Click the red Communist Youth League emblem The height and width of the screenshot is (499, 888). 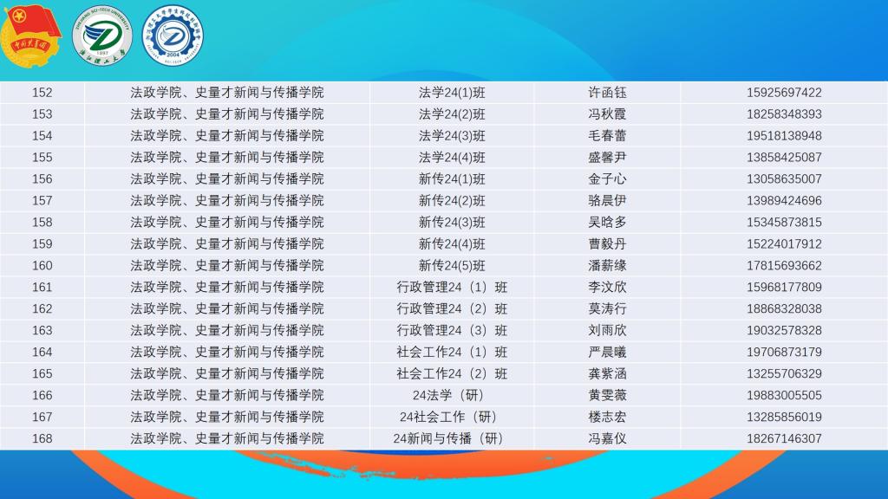30,35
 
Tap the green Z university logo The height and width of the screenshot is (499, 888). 102,36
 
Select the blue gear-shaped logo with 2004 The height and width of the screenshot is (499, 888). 173,36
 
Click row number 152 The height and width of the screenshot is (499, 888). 42,92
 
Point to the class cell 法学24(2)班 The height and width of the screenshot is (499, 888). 452,114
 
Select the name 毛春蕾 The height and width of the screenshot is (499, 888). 607,136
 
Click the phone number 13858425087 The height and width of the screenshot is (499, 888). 784,158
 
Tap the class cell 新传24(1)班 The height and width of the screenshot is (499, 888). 452,178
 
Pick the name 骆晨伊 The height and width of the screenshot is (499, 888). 607,201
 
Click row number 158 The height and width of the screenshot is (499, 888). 42,223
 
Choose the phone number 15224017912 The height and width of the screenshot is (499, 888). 784,243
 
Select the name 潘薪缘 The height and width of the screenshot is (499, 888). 607,265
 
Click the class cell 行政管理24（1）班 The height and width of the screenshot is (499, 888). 452,288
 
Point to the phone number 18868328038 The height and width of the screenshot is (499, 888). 784,309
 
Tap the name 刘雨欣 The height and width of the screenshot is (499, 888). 607,330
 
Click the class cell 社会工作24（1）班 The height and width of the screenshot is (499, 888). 452,352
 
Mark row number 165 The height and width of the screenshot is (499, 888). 42,373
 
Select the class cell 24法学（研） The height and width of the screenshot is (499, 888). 448,395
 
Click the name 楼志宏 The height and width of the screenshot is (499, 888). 607,417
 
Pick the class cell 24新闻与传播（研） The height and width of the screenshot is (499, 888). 448,438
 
